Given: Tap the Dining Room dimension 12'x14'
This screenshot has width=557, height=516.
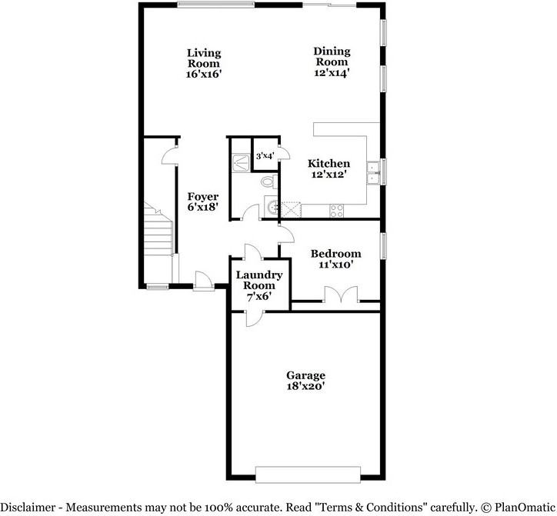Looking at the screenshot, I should pos(332,73).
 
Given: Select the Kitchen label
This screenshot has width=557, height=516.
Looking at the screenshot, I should pos(329,164).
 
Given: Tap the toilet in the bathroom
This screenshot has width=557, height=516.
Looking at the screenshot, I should pos(266,182).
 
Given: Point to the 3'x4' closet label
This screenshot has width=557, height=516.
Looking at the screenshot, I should pos(265,156).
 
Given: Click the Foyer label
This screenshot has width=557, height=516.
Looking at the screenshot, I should pos(203,198).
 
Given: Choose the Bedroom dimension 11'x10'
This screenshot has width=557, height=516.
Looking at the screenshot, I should pos(335,265).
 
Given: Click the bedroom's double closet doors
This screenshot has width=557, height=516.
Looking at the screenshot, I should pos(339,295).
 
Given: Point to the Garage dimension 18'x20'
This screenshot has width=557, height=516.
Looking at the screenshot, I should pos(306,388).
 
